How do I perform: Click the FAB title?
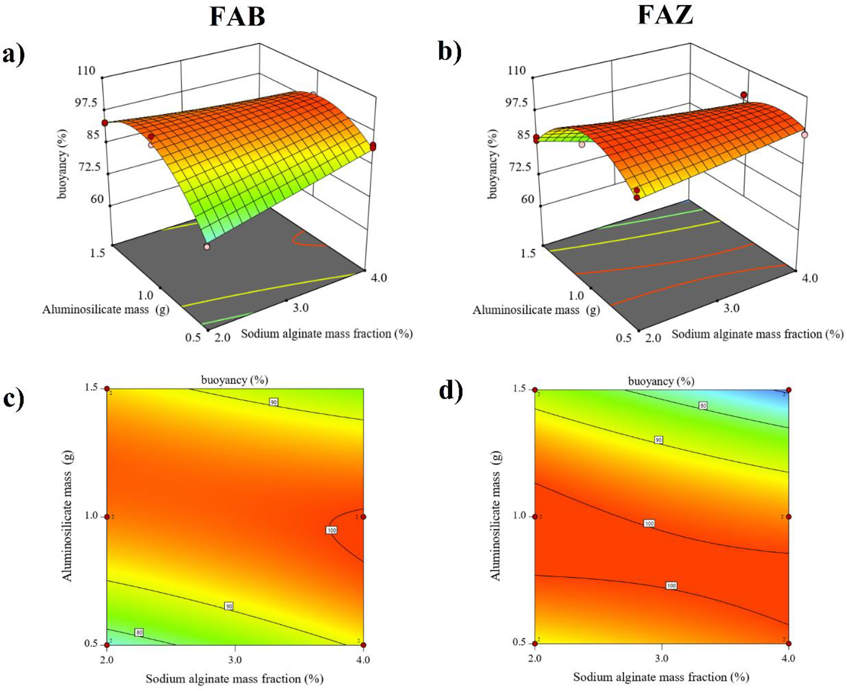click(237, 17)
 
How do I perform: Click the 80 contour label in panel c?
click(139, 633)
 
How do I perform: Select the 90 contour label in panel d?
click(659, 451)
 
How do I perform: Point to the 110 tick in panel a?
click(87, 71)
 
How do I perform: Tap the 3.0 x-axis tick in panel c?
click(235, 659)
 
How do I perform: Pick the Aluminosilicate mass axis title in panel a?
click(105, 309)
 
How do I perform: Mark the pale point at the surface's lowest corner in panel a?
click(207, 247)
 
